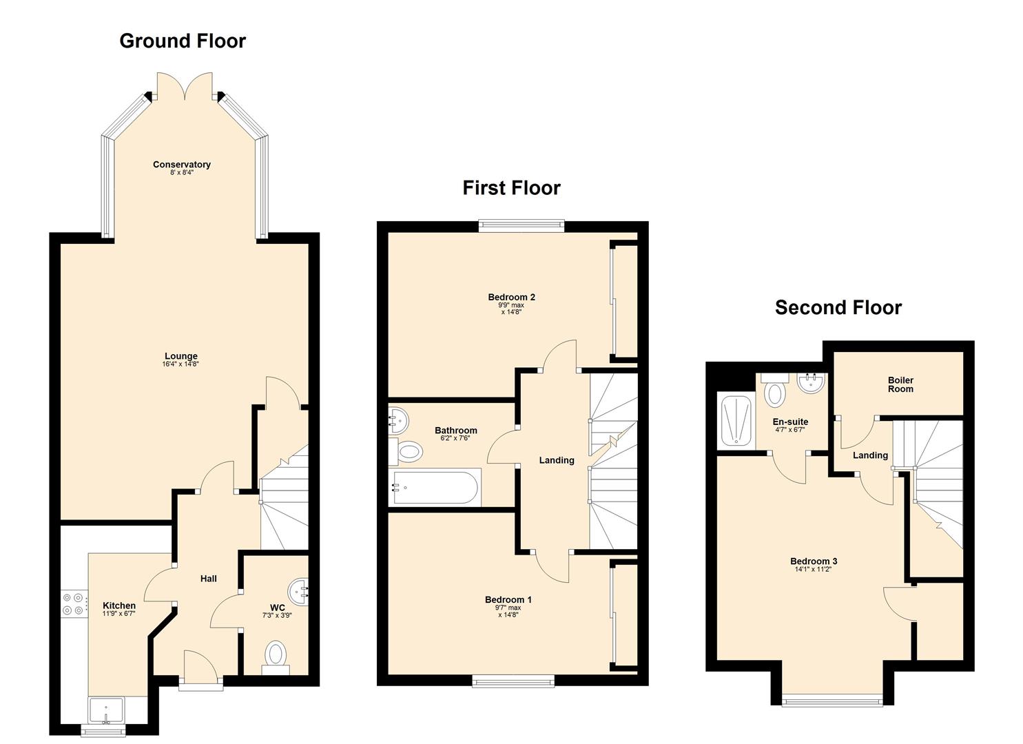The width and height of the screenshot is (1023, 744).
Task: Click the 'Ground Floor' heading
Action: [x=183, y=41]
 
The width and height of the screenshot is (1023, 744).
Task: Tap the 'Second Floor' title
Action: [x=838, y=307]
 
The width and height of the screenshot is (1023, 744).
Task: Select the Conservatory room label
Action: [x=182, y=165]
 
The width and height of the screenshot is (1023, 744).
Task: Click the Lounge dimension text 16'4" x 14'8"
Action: [x=180, y=364]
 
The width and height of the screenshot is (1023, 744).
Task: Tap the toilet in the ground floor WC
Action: [x=276, y=655]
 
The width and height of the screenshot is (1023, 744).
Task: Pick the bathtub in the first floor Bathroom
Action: [x=435, y=488]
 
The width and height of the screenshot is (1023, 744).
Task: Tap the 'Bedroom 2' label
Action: [x=511, y=298]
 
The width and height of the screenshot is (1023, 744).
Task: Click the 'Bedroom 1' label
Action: [x=508, y=600]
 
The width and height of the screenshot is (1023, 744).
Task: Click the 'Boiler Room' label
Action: [x=900, y=384]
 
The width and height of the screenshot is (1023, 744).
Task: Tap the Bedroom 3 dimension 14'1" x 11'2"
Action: [x=814, y=570]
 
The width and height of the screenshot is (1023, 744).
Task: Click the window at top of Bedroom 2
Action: [x=521, y=223]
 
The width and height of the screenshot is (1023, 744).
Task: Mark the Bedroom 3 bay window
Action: [x=832, y=701]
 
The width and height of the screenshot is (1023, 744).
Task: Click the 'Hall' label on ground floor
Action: [x=209, y=579]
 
